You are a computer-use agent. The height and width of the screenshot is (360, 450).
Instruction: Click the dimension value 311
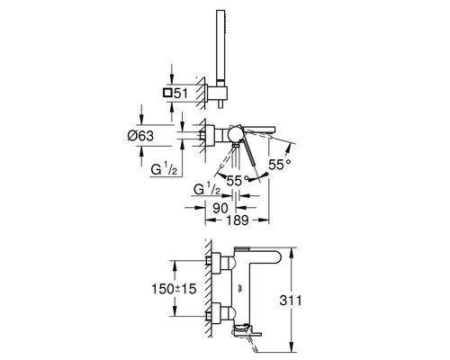291,301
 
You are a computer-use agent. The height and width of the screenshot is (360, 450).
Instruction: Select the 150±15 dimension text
174,289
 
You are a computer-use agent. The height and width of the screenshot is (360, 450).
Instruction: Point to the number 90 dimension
220,208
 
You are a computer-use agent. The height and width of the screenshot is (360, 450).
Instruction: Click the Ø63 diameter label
140,136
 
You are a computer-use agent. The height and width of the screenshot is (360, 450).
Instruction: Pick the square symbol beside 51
167,93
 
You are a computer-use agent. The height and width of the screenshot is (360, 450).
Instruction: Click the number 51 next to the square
181,94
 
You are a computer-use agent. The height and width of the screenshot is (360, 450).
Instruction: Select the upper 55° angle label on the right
280,165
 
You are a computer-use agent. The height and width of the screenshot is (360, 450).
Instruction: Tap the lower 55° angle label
238,181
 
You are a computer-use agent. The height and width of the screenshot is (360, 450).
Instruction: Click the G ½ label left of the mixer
164,170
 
